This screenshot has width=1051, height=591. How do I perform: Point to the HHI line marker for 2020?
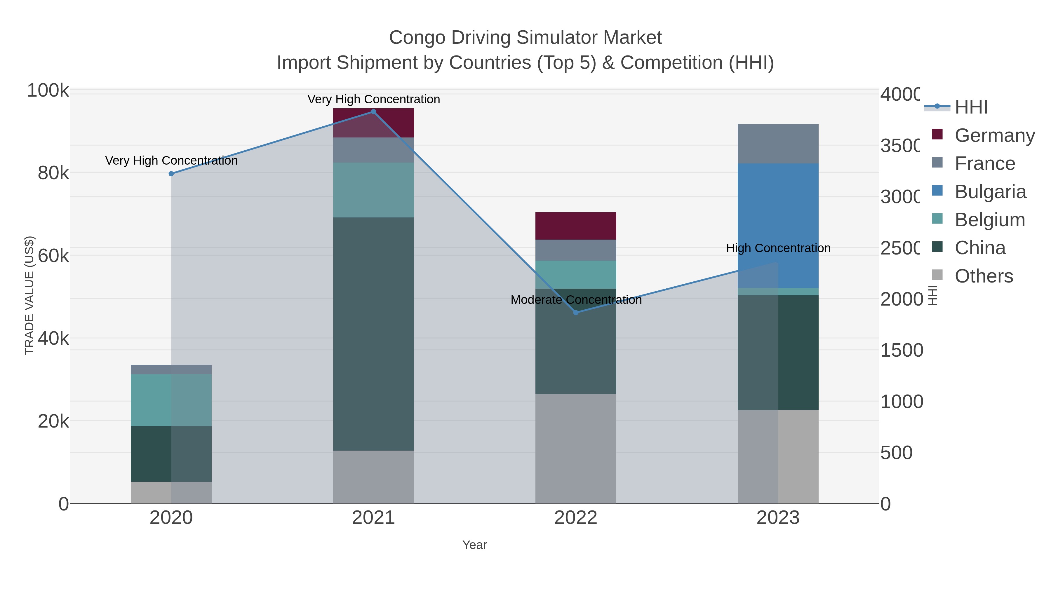click(x=171, y=174)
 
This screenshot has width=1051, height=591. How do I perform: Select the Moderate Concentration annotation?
click(x=576, y=300)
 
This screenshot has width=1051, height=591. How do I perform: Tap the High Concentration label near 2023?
click(x=778, y=248)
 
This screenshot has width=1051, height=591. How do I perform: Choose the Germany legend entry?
click(x=994, y=135)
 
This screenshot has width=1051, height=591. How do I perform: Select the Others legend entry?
click(x=984, y=276)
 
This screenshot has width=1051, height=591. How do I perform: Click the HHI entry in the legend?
click(x=971, y=107)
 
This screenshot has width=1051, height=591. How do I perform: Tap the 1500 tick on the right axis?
click(x=901, y=350)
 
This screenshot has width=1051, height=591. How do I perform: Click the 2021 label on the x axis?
click(x=373, y=518)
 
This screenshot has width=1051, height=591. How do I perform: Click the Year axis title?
click(x=474, y=545)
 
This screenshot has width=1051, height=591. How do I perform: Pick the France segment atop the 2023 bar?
click(x=778, y=144)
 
